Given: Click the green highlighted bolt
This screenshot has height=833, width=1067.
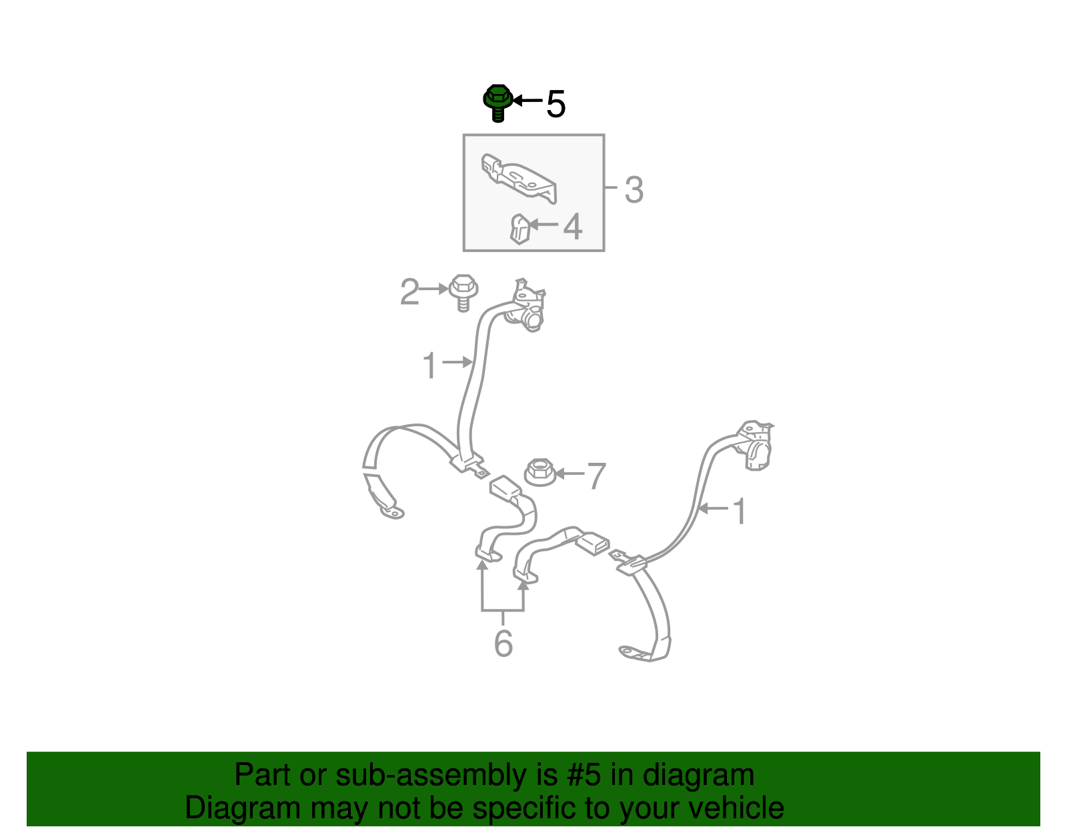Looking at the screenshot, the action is pyautogui.click(x=498, y=103).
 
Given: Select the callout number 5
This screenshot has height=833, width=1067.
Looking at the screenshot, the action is pyautogui.click(x=556, y=104).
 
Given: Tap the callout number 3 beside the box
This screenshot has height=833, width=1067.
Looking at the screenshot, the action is pyautogui.click(x=634, y=189).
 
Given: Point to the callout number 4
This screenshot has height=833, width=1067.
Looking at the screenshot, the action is pyautogui.click(x=573, y=226).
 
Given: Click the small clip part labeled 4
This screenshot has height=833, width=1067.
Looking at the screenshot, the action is pyautogui.click(x=519, y=229).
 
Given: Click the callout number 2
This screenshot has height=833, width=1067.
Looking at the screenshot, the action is pyautogui.click(x=409, y=291).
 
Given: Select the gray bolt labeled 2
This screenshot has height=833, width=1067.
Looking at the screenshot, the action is pyautogui.click(x=463, y=293).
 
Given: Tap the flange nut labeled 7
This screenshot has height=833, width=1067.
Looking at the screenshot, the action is pyautogui.click(x=540, y=472).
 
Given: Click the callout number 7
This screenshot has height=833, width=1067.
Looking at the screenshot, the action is pyautogui.click(x=597, y=476).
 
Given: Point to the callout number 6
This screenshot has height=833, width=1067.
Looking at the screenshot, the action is pyautogui.click(x=503, y=643).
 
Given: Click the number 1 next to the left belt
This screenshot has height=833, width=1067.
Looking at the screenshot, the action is pyautogui.click(x=429, y=365).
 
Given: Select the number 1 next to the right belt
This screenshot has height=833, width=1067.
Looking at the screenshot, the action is pyautogui.click(x=740, y=511).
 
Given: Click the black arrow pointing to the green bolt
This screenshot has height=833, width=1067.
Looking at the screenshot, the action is pyautogui.click(x=527, y=101).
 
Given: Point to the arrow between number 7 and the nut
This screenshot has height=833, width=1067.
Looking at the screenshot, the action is pyautogui.click(x=570, y=474).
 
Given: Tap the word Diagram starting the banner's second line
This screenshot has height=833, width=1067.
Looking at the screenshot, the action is pyautogui.click(x=243, y=809).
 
